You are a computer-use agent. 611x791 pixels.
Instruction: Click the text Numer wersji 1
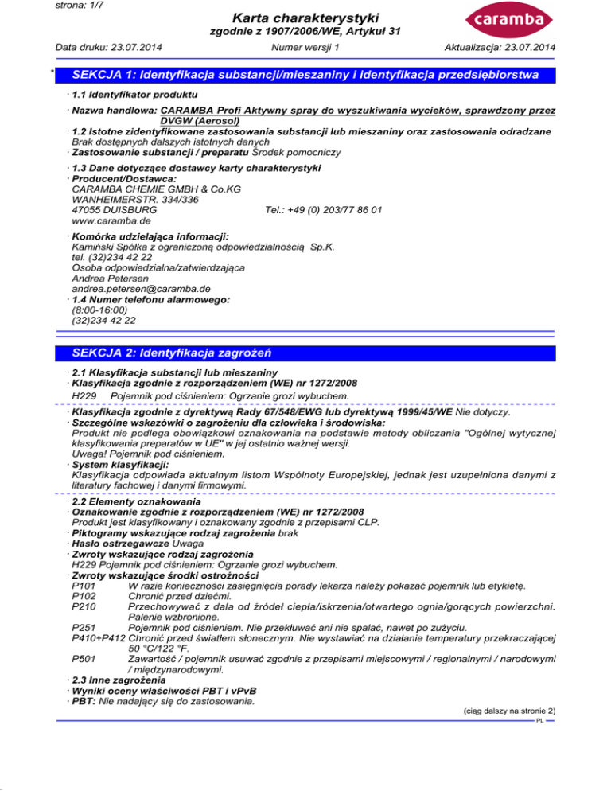point(305,47)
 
